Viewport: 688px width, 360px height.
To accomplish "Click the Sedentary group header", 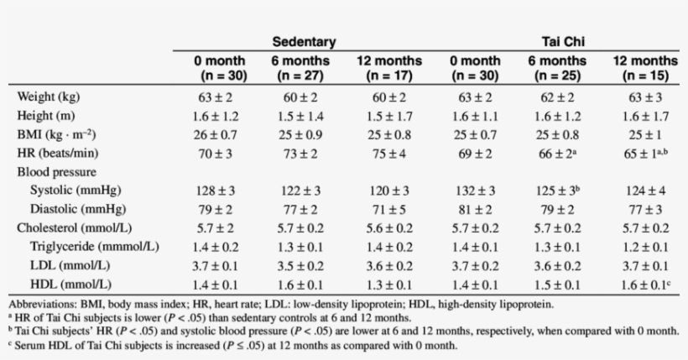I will point(304,41).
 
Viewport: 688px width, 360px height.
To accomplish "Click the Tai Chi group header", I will point(559,41).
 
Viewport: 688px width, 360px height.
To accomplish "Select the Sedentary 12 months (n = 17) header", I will point(389,68).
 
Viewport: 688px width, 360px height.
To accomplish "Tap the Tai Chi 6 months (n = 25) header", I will point(557,68).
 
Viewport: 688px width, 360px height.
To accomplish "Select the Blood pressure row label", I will point(56,171).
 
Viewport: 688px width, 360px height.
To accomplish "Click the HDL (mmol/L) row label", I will point(70,284).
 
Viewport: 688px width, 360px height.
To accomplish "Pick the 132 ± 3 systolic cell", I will point(475,190).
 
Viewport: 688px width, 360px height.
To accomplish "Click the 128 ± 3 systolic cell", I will point(220,190).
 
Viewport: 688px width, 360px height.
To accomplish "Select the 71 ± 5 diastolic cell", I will point(389,209).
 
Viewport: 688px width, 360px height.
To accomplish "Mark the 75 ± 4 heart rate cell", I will point(389,153).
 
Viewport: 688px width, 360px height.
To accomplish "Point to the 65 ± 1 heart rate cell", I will point(643,153).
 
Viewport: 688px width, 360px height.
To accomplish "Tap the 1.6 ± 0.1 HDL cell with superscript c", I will point(643,284).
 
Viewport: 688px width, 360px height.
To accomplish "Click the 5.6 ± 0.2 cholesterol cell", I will point(389,227).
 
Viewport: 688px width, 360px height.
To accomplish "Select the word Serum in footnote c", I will point(30,344).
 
